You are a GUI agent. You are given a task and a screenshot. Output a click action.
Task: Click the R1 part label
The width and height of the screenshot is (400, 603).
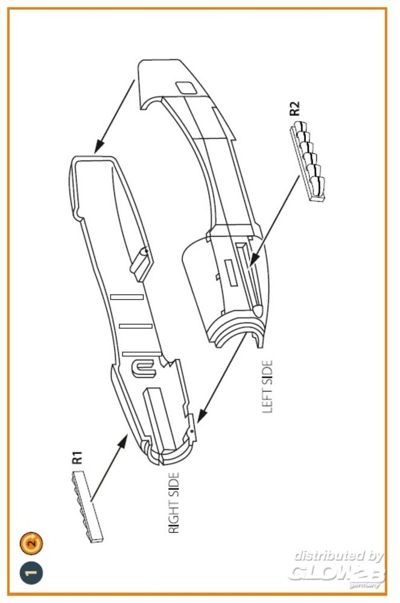click(x=77, y=458)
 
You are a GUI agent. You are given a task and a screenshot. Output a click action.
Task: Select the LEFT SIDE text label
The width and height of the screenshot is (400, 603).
click(x=267, y=387)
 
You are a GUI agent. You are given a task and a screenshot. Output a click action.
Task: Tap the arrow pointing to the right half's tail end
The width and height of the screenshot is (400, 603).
click(x=114, y=118)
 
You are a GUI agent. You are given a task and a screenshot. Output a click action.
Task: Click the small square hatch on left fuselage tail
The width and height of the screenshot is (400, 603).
click(x=186, y=88)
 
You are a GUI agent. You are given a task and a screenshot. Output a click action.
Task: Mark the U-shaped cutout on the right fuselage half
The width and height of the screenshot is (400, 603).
click(x=145, y=367)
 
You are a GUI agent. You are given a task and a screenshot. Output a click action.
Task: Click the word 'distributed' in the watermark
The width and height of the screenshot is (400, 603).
click(x=338, y=556)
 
